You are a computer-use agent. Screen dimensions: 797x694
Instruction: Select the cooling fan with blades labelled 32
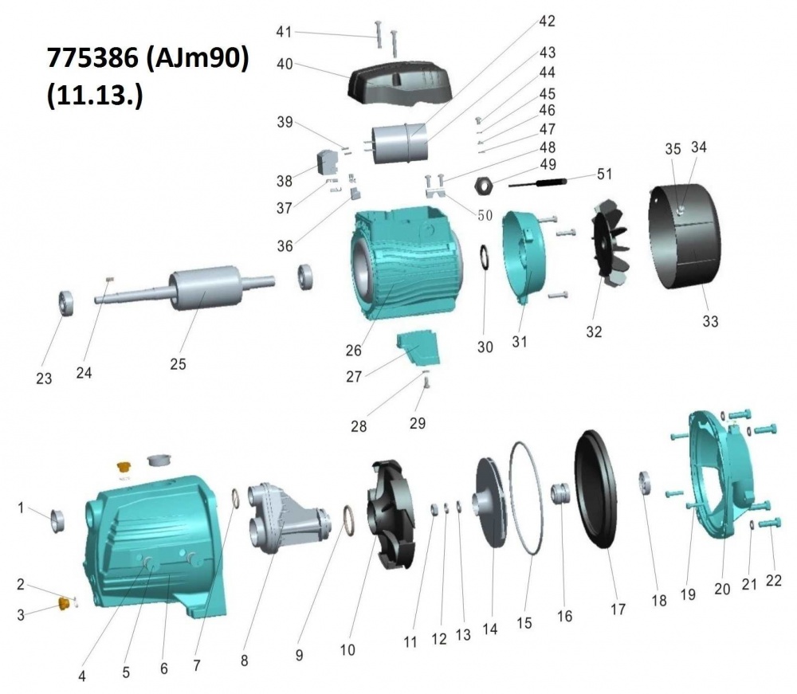click(x=611, y=241)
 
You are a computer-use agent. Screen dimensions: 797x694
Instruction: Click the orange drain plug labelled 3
click(x=64, y=604)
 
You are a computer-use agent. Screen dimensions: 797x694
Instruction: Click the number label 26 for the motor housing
click(x=354, y=351)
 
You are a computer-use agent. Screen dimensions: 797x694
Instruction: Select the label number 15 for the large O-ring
click(x=524, y=622)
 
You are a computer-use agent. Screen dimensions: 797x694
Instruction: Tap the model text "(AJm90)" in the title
click(x=197, y=58)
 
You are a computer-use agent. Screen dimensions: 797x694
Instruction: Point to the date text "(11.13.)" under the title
click(x=95, y=95)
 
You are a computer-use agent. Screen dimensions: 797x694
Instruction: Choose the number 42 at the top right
click(x=548, y=21)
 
